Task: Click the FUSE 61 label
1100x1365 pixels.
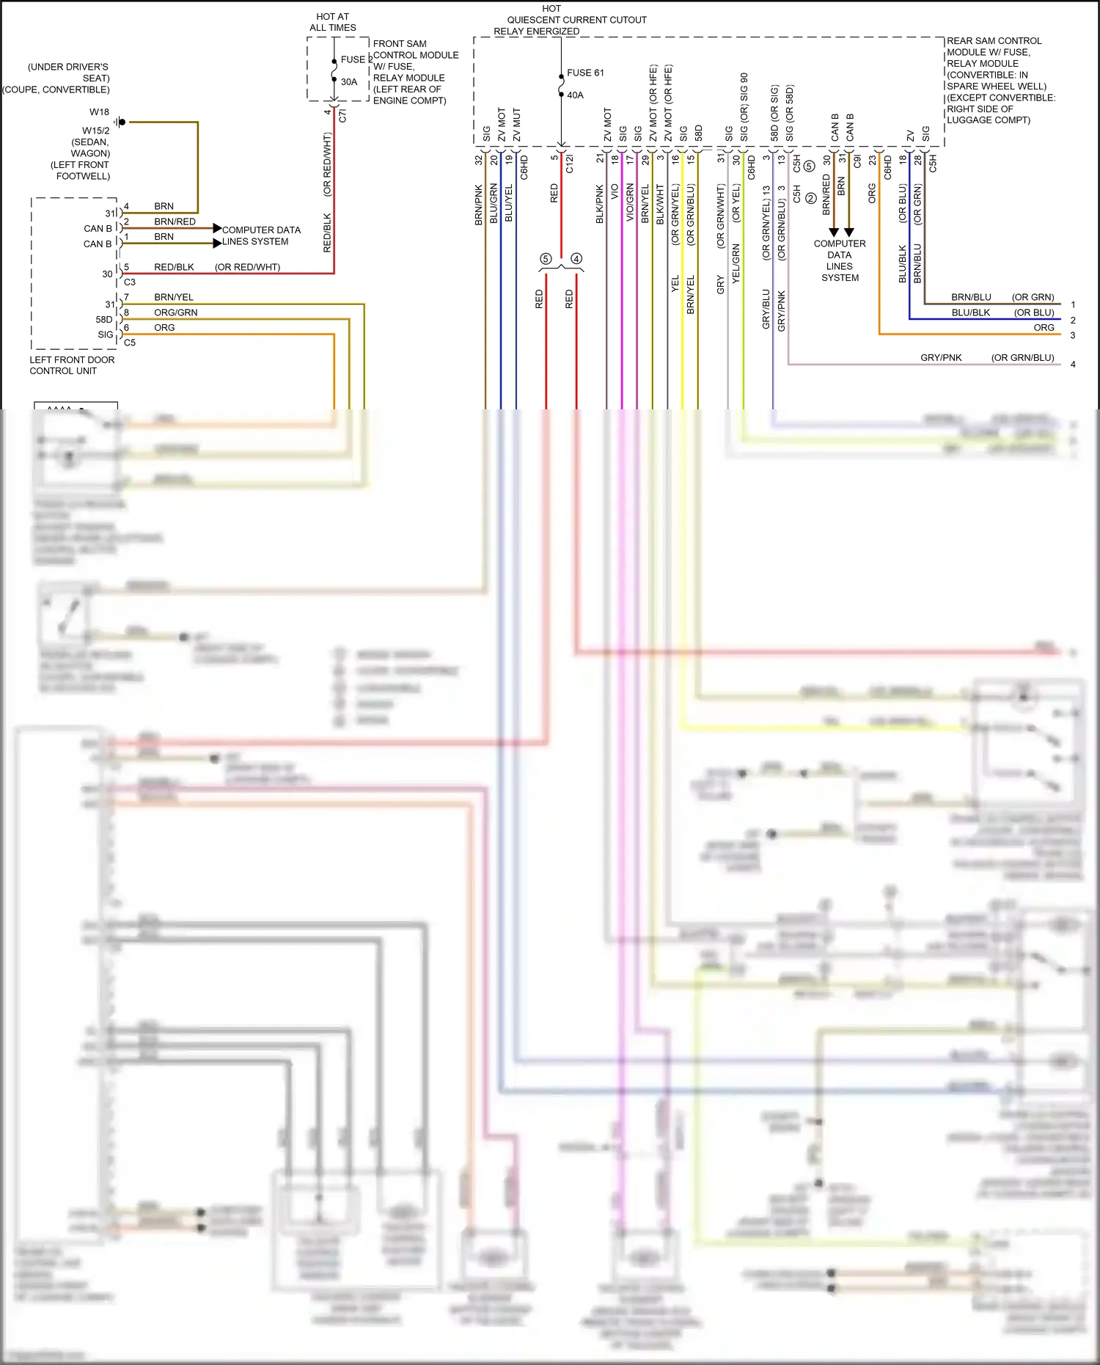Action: click(x=585, y=73)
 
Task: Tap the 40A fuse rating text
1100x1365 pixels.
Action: click(x=575, y=95)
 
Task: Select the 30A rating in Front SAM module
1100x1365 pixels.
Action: click(x=349, y=82)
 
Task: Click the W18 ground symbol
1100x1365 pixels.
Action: click(x=121, y=122)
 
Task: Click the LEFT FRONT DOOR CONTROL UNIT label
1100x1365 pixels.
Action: click(x=72, y=365)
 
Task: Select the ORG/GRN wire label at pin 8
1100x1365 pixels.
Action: click(x=175, y=312)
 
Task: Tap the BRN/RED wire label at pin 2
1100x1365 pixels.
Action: click(x=175, y=222)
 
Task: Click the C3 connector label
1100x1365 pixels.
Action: click(x=130, y=282)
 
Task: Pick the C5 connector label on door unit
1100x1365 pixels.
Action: click(x=130, y=343)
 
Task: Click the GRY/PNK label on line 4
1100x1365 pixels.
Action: click(x=941, y=358)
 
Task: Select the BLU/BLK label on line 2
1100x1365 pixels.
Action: click(x=970, y=312)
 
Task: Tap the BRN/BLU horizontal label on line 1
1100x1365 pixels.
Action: click(x=971, y=297)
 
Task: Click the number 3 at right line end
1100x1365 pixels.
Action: click(x=1073, y=335)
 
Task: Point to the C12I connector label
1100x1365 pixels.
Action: click(x=570, y=164)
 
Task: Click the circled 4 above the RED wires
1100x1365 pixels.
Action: click(x=576, y=259)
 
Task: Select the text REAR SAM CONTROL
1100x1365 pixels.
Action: click(x=994, y=41)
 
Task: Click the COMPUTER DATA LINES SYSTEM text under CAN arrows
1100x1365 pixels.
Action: click(x=840, y=260)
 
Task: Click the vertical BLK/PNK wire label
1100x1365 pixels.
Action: click(x=600, y=204)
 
